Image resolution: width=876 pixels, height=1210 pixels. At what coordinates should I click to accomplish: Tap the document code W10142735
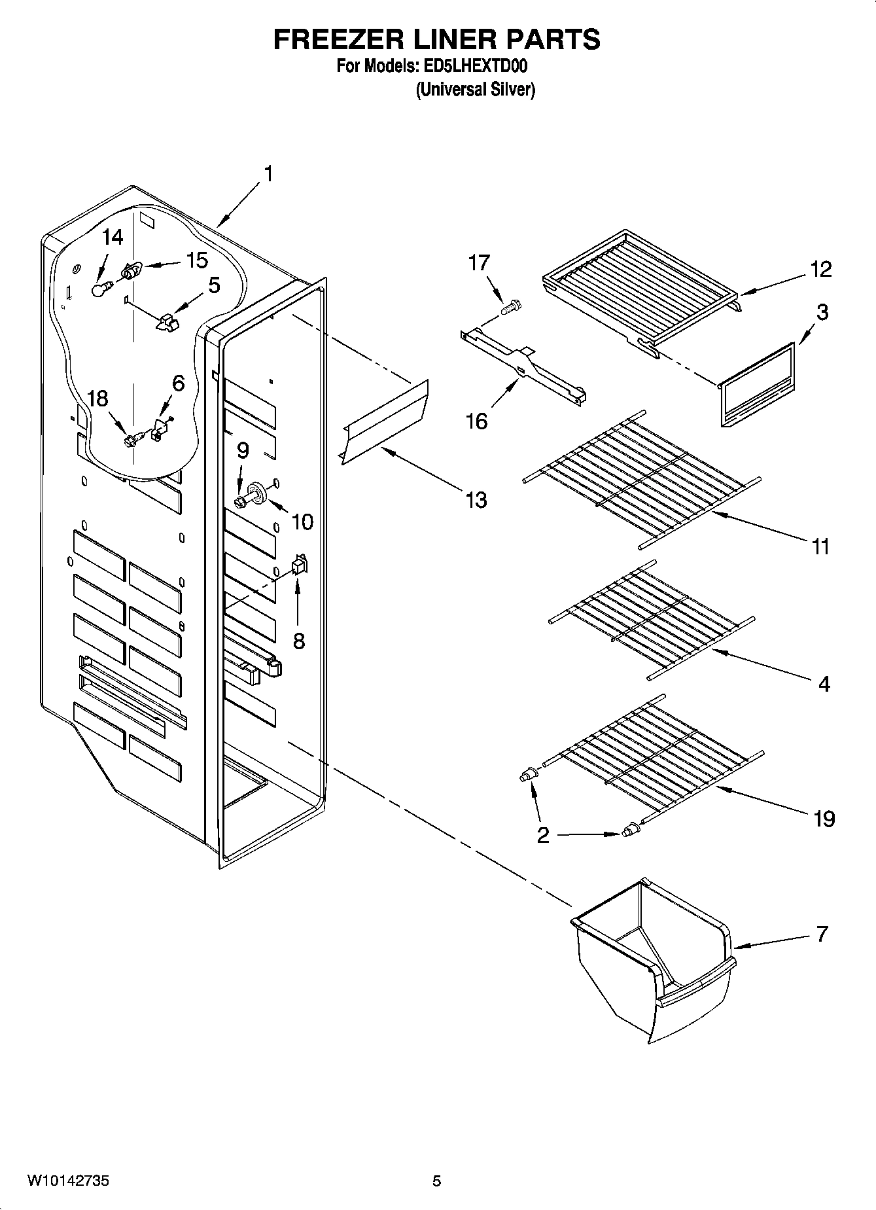(x=68, y=1181)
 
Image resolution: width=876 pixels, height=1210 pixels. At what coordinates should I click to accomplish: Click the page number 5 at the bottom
(x=436, y=1181)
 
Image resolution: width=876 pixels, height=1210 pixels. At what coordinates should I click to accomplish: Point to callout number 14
(x=113, y=237)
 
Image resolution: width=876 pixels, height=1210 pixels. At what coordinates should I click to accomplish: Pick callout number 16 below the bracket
(x=476, y=421)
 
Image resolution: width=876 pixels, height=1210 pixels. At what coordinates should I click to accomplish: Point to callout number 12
(x=821, y=268)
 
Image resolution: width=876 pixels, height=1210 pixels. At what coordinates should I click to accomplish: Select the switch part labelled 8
(x=299, y=565)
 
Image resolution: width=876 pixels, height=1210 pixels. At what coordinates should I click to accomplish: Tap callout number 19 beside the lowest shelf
(x=824, y=818)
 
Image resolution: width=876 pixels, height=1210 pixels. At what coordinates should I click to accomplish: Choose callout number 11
(x=820, y=546)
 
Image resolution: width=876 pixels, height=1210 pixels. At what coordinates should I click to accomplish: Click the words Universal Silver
(x=476, y=90)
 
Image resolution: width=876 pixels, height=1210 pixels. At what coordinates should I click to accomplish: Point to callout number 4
(x=824, y=684)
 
